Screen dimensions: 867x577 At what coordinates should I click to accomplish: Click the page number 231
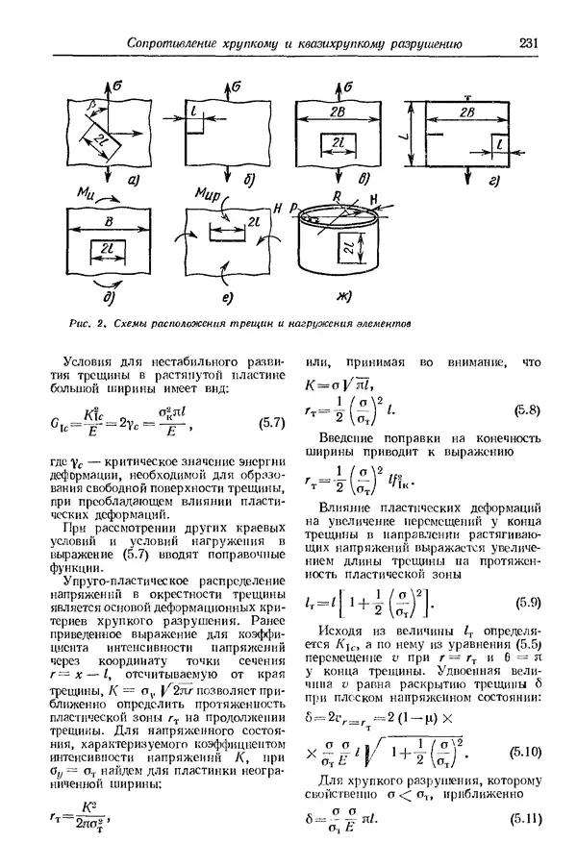(531, 42)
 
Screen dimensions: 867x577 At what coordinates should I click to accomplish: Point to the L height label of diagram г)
(407, 136)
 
